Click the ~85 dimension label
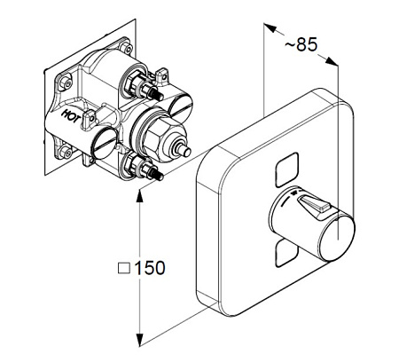point(301,44)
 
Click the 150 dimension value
point(150,268)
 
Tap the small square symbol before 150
point(124,268)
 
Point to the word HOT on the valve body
point(70,115)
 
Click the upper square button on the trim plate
point(286,169)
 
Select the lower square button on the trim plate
point(285,253)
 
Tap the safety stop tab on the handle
point(314,207)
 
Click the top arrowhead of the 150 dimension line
point(139,195)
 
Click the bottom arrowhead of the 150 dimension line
point(139,340)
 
